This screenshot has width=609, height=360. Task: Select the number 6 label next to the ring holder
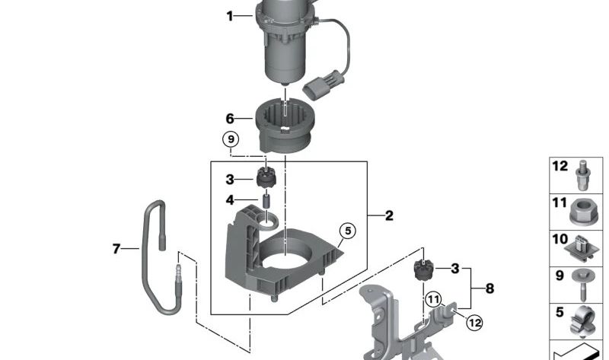(x=229, y=119)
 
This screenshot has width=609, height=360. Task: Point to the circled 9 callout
(x=230, y=139)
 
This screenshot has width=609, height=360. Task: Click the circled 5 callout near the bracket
(x=346, y=231)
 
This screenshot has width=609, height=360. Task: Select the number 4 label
(x=229, y=201)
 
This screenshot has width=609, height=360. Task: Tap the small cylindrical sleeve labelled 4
(x=266, y=202)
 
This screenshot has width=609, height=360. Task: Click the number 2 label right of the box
(x=389, y=216)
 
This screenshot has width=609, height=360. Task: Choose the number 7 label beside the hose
(x=116, y=248)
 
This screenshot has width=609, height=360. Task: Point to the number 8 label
(x=489, y=288)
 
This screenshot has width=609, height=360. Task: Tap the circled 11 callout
(x=433, y=300)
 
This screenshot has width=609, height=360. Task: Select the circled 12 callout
(x=474, y=323)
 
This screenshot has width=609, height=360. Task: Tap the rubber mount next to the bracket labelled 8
(x=422, y=270)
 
